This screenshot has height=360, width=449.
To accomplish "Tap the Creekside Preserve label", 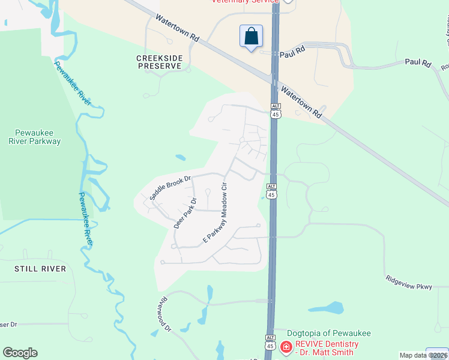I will point(158,62).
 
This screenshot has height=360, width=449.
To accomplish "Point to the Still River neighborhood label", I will point(40,269).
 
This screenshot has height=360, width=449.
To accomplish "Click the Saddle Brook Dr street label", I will point(170,187).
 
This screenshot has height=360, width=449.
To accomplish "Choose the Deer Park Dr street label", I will point(185,214).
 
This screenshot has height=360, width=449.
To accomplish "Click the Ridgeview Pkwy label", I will point(409,283).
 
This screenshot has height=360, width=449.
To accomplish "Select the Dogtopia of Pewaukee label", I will point(328,334).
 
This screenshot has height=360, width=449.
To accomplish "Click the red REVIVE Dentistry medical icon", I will point(286,347).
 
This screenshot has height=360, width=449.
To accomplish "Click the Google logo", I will point(20,353).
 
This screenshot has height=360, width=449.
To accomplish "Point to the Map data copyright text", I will point(423,355).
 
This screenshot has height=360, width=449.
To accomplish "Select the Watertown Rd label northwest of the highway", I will point(176,28).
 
